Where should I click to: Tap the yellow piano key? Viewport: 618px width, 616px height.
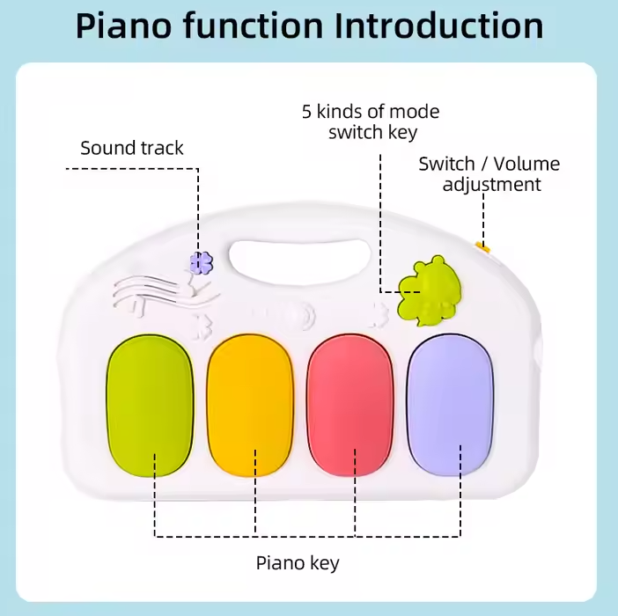250,406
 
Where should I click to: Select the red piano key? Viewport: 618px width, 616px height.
350,406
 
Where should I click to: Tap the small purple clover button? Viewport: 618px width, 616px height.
202,262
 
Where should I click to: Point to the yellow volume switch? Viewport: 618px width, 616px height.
482,248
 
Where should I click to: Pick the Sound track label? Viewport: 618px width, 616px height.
132,148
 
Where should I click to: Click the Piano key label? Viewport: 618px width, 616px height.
298,562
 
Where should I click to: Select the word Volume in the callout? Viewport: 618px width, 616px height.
526,164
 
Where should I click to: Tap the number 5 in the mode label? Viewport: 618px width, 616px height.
307,112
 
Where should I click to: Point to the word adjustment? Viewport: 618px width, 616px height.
491,185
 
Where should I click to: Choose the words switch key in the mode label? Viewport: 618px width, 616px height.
372,133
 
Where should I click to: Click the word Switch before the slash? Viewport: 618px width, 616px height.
447,164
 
